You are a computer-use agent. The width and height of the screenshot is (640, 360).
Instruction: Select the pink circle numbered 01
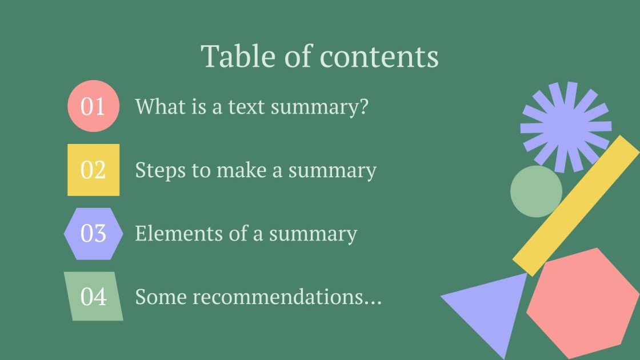pyautogui.click(x=94, y=106)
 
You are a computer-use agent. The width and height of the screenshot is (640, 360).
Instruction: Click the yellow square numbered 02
pyautogui.click(x=94, y=170)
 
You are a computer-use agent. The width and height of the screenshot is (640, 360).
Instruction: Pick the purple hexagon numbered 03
pyautogui.click(x=94, y=234)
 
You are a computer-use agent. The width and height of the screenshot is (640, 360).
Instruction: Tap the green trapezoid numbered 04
pyautogui.click(x=94, y=297)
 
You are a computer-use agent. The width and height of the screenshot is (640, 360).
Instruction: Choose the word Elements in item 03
pyautogui.click(x=179, y=234)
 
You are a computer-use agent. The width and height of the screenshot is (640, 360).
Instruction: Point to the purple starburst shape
pyautogui.click(x=566, y=127)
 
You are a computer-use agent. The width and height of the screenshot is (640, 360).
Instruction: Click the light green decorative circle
pyautogui.click(x=536, y=191)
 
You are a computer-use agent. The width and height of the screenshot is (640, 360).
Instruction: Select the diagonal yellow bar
pyautogui.click(x=576, y=206)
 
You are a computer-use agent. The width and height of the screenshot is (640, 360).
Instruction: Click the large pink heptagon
pyautogui.click(x=583, y=303)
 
